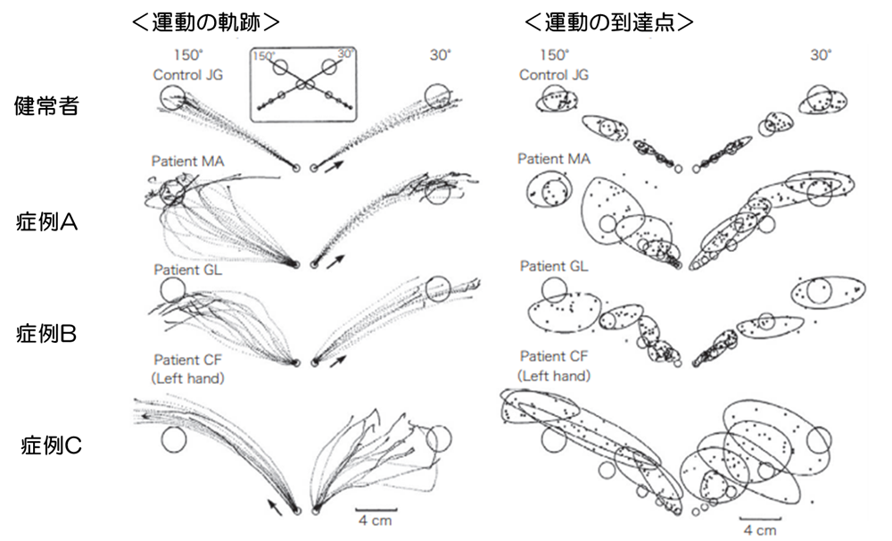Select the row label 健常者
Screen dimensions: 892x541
tap(46, 106)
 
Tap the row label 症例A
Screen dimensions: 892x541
tap(46, 221)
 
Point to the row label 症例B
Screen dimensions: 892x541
tap(46, 334)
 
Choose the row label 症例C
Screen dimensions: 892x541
tap(51, 445)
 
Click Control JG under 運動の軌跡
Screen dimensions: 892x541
tap(187, 75)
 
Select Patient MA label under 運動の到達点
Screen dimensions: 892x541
tap(554, 159)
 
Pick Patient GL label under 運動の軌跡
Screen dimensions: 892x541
tap(187, 270)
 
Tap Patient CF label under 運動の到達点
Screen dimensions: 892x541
tap(554, 356)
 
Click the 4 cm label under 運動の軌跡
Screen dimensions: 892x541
tap(375, 520)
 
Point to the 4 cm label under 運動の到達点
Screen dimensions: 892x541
tap(759, 530)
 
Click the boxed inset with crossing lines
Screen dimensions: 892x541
tap(304, 84)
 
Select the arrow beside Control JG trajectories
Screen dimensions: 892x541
tap(335, 166)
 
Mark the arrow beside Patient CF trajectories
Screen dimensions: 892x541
tap(275, 506)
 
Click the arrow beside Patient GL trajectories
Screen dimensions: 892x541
tap(338, 361)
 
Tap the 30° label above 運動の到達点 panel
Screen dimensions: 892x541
tap(821, 55)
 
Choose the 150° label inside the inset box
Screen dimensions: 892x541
tap(264, 56)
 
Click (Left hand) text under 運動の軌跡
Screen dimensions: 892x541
tap(187, 379)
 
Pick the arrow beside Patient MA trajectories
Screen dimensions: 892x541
tap(336, 262)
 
